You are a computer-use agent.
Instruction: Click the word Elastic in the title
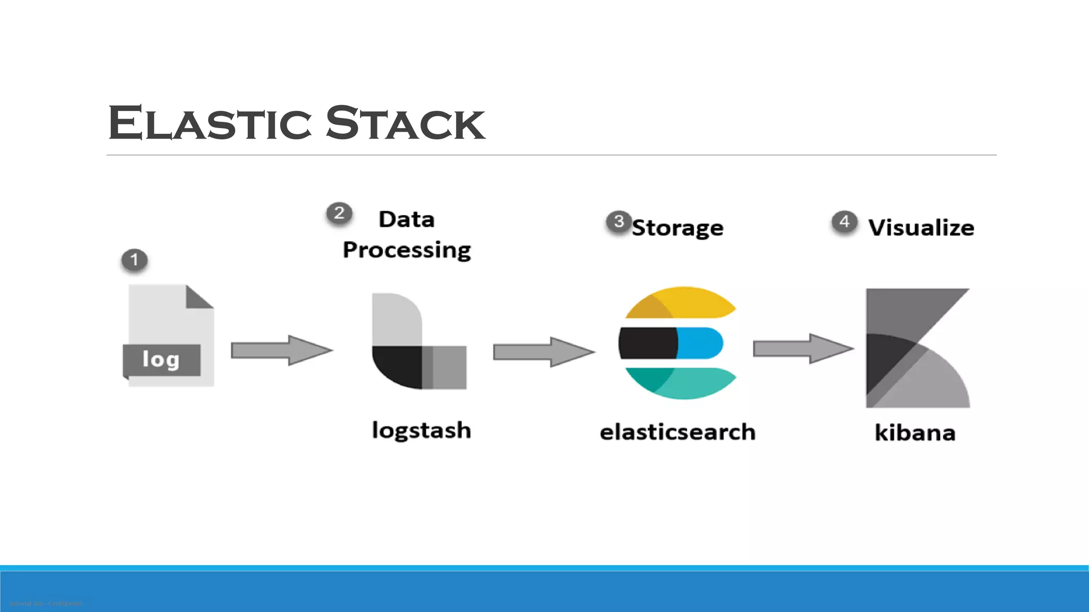point(210,123)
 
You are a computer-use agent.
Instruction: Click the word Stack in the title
point(405,123)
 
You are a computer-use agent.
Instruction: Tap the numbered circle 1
point(135,260)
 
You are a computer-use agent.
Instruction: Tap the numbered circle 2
point(339,213)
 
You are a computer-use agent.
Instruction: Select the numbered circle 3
point(618,222)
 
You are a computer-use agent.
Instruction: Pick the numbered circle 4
point(844,222)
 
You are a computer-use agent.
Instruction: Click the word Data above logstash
point(407,219)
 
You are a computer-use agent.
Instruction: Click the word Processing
point(407,250)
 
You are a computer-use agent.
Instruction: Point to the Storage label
point(678,228)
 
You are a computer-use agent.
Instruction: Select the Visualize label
point(921,228)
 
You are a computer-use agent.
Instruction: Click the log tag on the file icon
point(161,360)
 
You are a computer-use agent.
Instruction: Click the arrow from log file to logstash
point(282,350)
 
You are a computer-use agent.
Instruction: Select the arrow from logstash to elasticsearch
point(544,352)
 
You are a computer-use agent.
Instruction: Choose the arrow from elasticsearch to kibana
point(803,348)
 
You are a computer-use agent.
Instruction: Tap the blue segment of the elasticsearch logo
point(700,343)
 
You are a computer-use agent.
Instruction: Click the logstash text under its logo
point(422,430)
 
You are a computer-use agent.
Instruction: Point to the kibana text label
point(915,432)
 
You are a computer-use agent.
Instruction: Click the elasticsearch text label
point(678,432)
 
